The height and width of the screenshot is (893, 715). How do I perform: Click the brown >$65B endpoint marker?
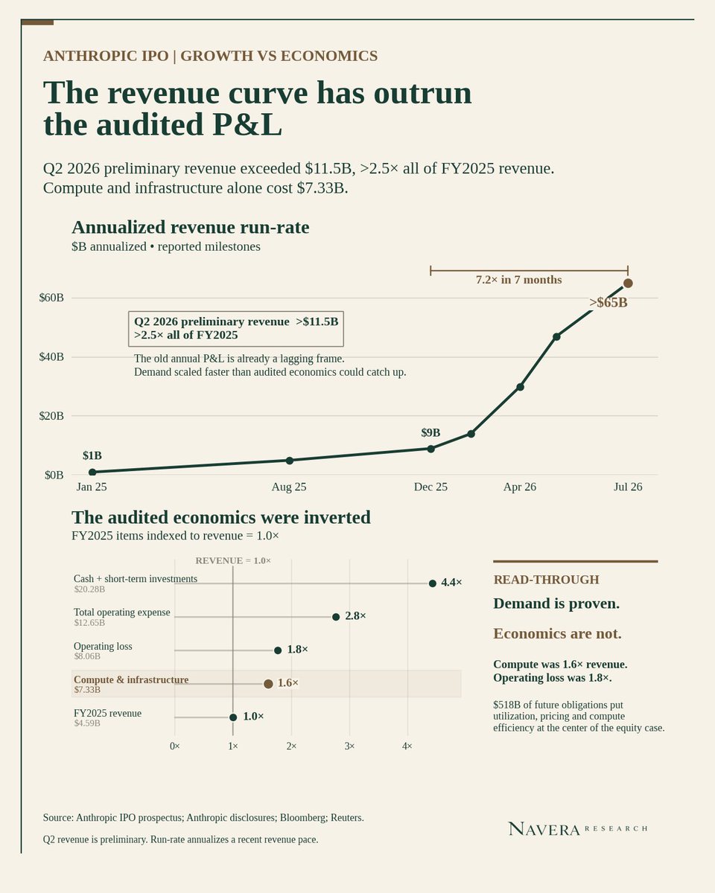pyautogui.click(x=628, y=283)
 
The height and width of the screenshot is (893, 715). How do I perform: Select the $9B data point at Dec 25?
pyautogui.click(x=430, y=449)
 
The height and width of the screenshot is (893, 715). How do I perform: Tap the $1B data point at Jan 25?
pyautogui.click(x=92, y=472)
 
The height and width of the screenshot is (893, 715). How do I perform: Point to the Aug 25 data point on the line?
pyautogui.click(x=290, y=460)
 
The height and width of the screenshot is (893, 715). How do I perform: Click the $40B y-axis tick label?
pyautogui.click(x=51, y=357)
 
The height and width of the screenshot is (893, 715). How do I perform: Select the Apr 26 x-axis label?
pyautogui.click(x=520, y=487)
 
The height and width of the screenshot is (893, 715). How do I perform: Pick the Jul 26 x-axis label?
pyautogui.click(x=628, y=487)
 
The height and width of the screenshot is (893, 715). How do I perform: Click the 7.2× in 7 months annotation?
pyautogui.click(x=519, y=280)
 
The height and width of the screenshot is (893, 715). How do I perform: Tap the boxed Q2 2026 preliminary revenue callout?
pyautogui.click(x=236, y=329)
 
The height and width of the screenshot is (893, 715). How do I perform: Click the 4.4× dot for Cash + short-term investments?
pyautogui.click(x=433, y=583)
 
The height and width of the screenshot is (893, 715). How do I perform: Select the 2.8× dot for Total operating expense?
pyautogui.click(x=336, y=617)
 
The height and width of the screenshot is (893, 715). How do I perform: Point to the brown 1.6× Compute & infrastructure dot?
pyautogui.click(x=268, y=684)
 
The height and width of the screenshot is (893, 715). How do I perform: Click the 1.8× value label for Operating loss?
pyautogui.click(x=297, y=650)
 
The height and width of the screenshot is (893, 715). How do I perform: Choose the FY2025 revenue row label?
pyautogui.click(x=107, y=714)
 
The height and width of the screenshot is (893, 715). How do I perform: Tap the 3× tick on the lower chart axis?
pyautogui.click(x=349, y=746)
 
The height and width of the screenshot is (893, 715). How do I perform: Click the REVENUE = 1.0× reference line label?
pyautogui.click(x=233, y=560)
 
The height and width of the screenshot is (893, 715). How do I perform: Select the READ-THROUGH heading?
pyautogui.click(x=547, y=580)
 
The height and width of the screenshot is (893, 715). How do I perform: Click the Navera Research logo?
pyautogui.click(x=578, y=829)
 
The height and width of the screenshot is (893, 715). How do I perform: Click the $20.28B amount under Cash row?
pyautogui.click(x=89, y=589)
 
